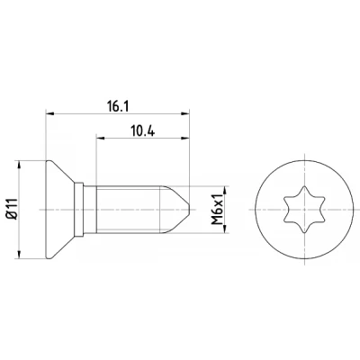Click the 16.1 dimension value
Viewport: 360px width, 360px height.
coord(118,106)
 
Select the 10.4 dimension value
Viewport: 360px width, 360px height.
coord(143,130)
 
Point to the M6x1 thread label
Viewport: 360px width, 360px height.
coord(218,209)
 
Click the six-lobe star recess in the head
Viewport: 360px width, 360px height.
coord(304,210)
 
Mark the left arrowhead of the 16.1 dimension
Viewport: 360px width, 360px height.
coord(49,113)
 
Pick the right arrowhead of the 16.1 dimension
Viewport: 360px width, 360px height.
coord(185,113)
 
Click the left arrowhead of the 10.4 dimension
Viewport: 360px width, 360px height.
coord(100,138)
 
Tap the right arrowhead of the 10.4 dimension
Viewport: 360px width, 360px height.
coord(185,138)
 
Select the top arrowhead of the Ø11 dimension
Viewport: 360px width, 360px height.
coord(20,165)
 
